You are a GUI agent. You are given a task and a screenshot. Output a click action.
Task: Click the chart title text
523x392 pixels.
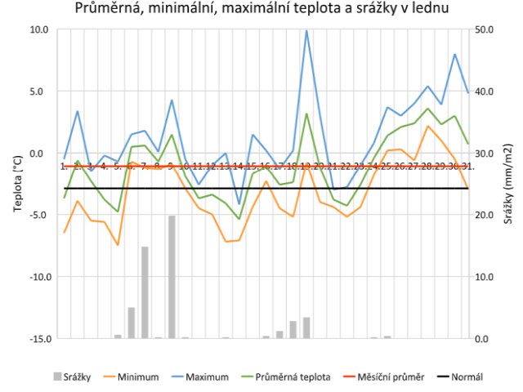pos(261,10)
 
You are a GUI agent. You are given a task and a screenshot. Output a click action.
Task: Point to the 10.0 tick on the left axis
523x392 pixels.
pos(40,29)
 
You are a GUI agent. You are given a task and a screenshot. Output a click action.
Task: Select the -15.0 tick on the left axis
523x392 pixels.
pos(38,338)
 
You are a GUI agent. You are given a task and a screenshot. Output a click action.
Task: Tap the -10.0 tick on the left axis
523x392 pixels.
pos(38,276)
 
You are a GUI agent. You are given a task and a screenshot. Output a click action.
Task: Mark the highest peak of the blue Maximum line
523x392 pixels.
pos(306,31)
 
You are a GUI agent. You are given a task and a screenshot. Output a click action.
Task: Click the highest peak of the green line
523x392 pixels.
pos(306,114)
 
